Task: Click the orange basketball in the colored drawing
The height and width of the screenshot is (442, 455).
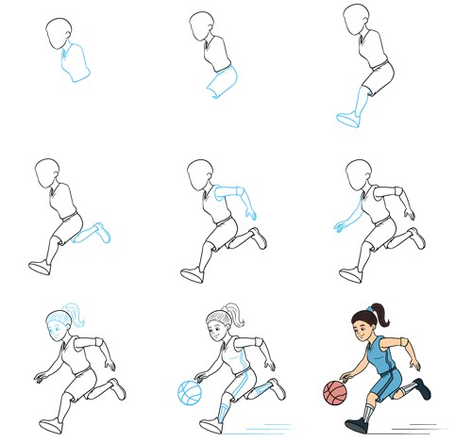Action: tap(335, 392)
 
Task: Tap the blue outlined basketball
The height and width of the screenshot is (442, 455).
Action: tap(190, 391)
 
